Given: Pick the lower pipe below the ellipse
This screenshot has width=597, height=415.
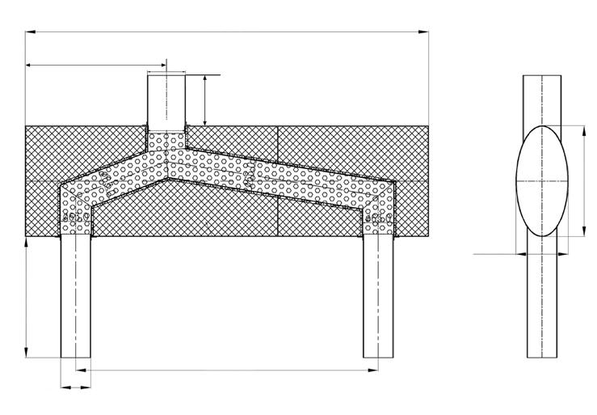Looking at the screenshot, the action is (543, 307).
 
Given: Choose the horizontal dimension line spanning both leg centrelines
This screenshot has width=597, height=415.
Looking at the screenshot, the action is (226, 370).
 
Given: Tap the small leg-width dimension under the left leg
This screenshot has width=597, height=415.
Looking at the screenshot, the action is (76, 387).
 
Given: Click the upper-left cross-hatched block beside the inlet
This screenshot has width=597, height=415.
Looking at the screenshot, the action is (81, 150).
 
